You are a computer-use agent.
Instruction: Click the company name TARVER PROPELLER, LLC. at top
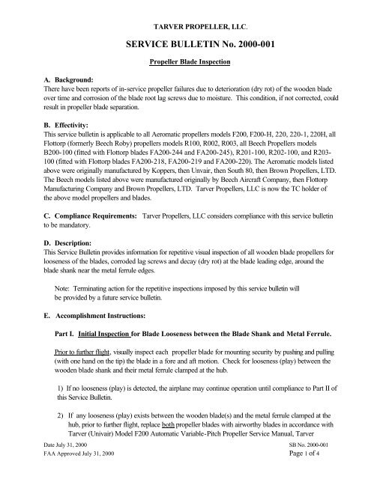click(185, 15)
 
